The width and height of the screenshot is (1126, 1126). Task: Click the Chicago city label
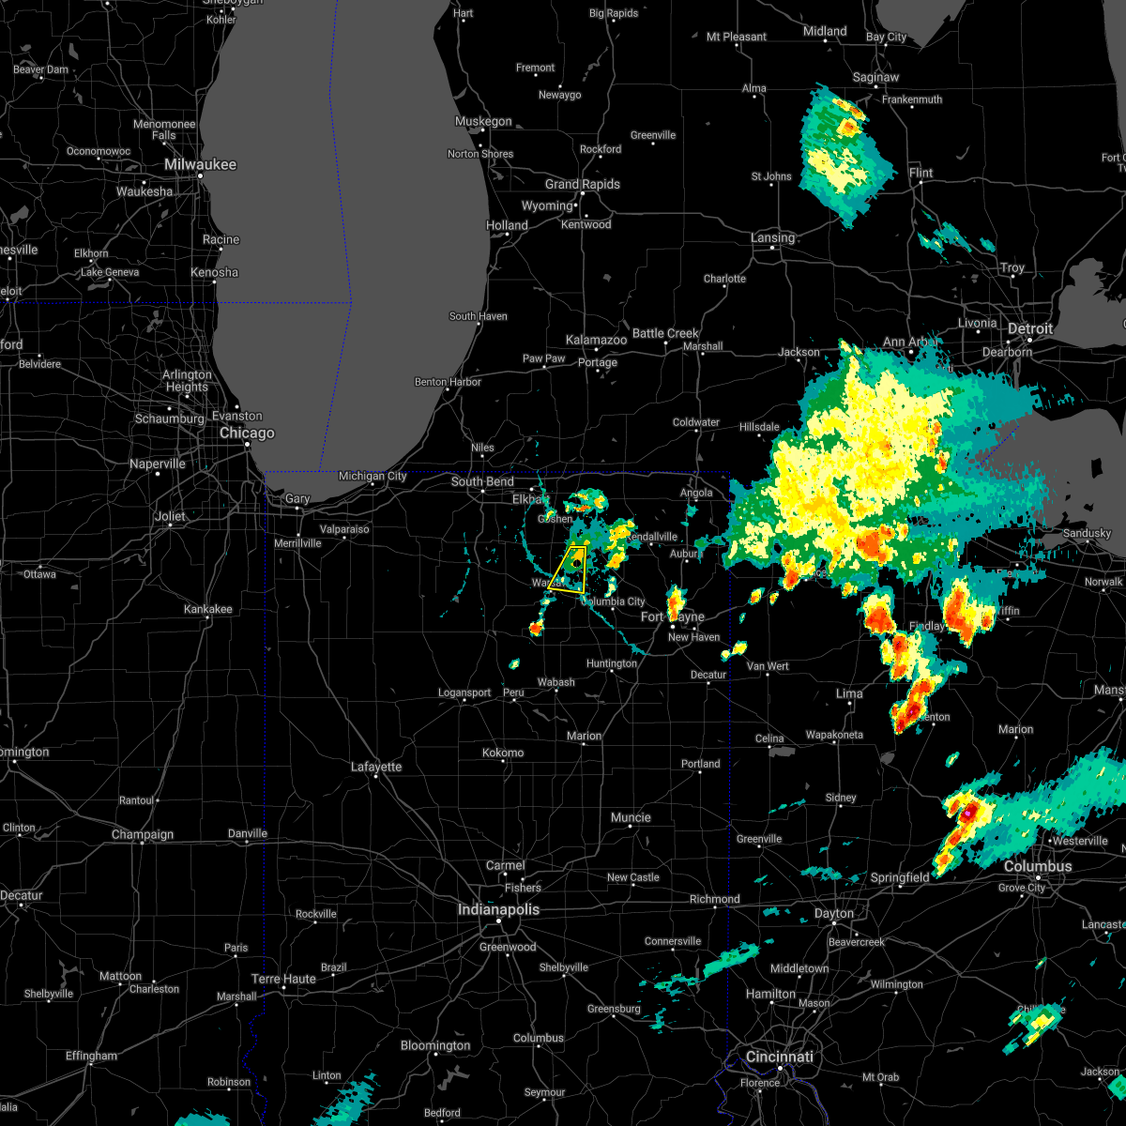tap(247, 434)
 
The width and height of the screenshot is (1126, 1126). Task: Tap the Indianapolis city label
tap(498, 909)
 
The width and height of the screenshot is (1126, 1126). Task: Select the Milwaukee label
tap(200, 164)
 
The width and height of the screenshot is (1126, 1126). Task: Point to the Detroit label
tap(1030, 329)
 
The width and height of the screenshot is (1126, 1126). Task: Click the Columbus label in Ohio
tap(1038, 866)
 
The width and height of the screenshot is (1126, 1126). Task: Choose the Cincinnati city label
tap(781, 1057)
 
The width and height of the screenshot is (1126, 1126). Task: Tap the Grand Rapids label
tap(583, 184)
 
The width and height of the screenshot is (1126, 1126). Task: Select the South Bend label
tap(482, 481)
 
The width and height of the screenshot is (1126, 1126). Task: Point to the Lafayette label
tap(376, 767)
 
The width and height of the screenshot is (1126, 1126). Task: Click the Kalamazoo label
tap(596, 340)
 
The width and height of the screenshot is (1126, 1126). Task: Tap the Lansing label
tap(772, 237)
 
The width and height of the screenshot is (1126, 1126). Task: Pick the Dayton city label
tap(834, 913)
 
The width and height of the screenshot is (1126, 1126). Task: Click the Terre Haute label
tap(284, 979)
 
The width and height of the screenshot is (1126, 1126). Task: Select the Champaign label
tap(143, 834)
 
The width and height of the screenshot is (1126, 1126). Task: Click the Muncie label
tap(631, 817)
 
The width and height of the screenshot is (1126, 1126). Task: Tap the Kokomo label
tap(503, 753)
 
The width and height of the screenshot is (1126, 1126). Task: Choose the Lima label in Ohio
tap(849, 693)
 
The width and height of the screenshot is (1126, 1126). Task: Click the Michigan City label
tap(373, 476)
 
